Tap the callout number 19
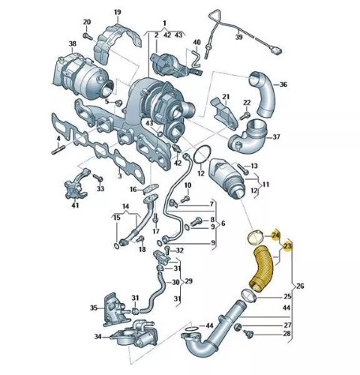click(117, 12)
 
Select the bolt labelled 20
click(88, 37)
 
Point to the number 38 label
click(72, 44)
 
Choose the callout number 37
click(276, 137)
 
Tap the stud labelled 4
click(58, 150)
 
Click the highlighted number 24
click(276, 235)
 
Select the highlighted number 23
click(288, 247)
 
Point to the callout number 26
click(300, 286)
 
